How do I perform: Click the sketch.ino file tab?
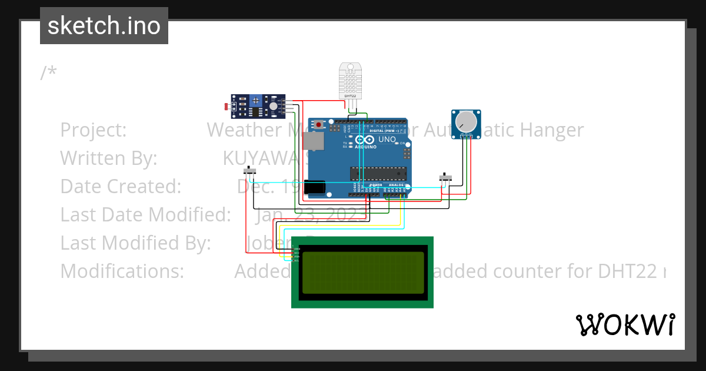coord(104,26)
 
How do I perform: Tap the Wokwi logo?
coord(625,324)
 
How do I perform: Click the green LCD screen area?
coord(362,273)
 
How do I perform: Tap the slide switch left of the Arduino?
coord(251,171)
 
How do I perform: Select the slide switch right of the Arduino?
coord(447,177)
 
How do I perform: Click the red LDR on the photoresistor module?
coord(228,107)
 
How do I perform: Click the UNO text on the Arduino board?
coord(387,140)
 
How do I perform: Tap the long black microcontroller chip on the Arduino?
coord(378,173)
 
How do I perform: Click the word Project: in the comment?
coord(94,130)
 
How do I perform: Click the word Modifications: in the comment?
coord(122,271)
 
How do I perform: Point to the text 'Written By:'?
coord(109,158)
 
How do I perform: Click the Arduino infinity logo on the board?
coord(365,140)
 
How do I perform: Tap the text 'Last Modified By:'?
coord(135,243)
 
